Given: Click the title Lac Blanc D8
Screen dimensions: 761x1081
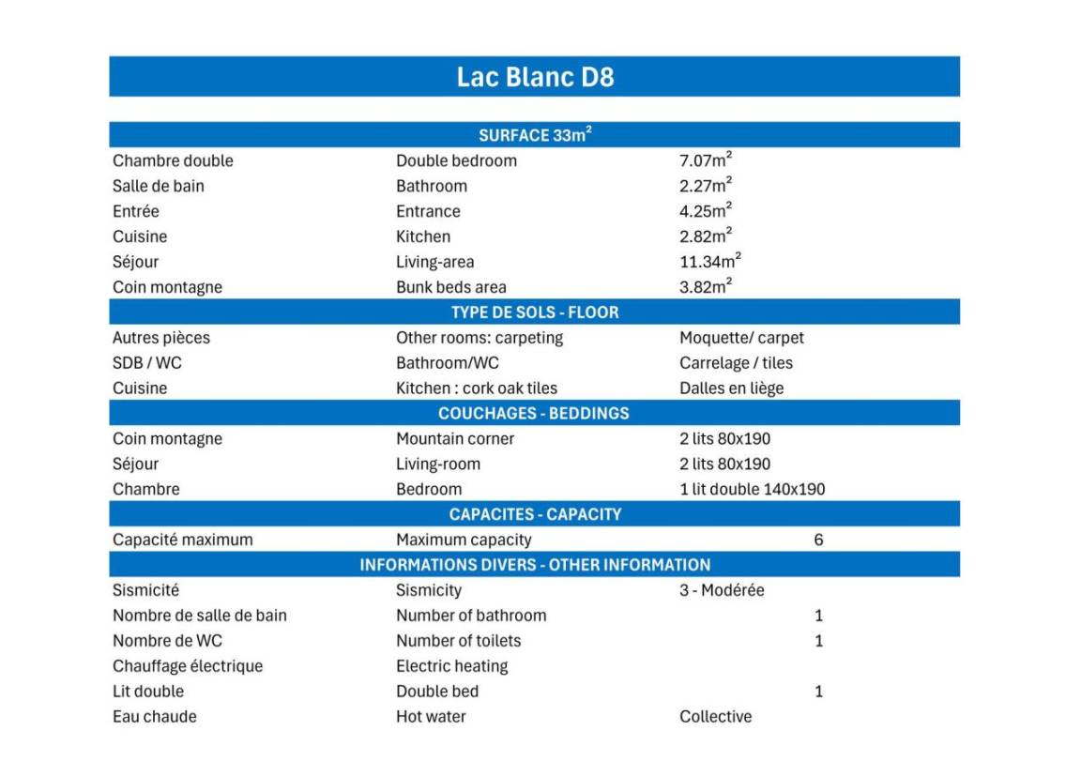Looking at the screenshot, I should [535, 76].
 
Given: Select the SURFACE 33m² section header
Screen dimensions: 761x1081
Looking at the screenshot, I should [535, 135].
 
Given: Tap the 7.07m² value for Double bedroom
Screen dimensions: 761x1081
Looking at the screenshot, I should [706, 160].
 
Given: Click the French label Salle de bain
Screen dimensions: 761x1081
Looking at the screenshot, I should [158, 186].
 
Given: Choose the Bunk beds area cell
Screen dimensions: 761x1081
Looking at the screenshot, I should [450, 287].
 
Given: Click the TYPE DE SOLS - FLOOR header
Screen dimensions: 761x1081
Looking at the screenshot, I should [535, 312].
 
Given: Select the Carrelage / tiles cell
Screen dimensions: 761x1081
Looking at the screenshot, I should [736, 363].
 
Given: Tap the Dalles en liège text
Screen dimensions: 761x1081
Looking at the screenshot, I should [731, 388].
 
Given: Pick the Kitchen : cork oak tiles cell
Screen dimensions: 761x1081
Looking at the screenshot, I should [477, 388].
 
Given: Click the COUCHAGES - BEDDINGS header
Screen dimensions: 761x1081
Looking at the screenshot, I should [534, 414].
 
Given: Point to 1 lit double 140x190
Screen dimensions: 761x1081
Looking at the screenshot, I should [752, 489].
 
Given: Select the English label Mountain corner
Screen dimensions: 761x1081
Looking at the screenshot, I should [455, 438].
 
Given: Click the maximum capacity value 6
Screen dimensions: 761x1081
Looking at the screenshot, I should [818, 540].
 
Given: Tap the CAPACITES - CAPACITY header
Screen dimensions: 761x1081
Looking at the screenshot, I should [535, 514].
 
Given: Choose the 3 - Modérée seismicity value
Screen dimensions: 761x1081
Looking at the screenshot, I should [722, 590].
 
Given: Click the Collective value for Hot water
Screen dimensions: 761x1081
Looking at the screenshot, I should [715, 717].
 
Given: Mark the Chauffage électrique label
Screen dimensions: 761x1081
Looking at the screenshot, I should [188, 666].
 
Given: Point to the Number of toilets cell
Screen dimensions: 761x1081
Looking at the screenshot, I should [458, 641].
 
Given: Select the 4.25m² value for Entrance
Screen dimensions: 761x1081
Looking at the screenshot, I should [706, 211].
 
